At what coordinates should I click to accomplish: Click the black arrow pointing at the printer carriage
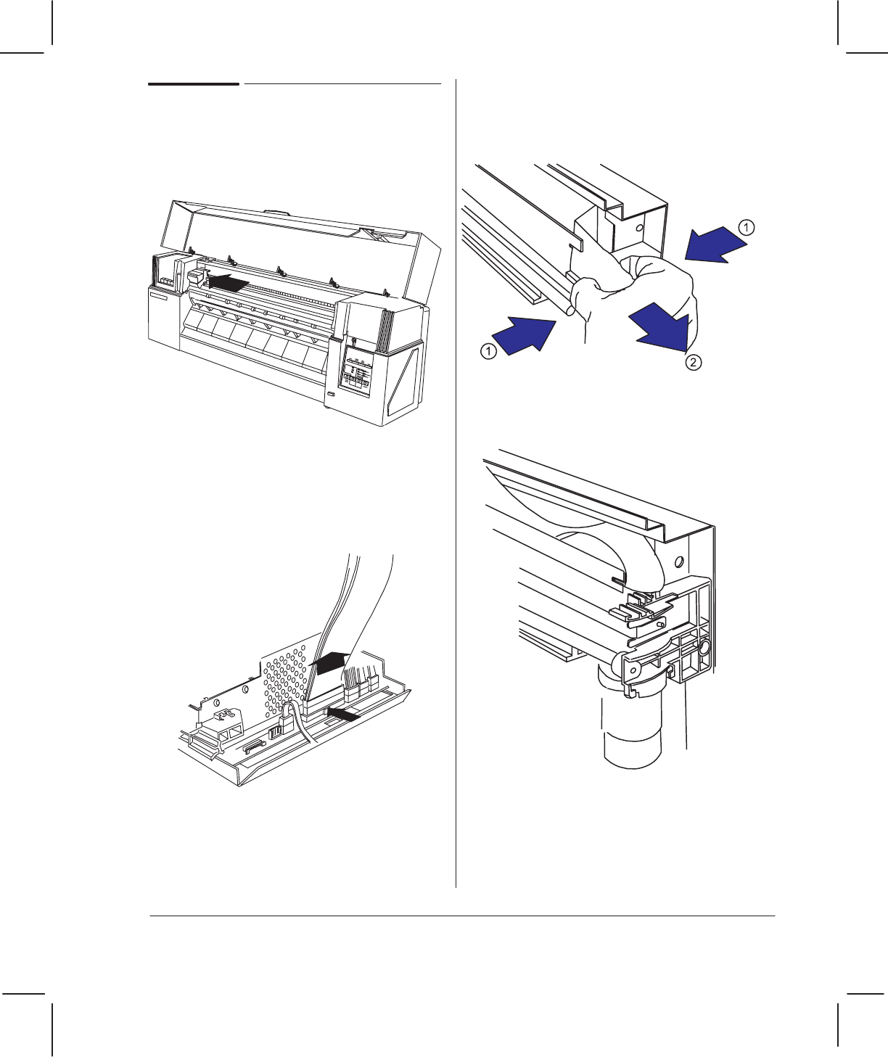tap(229, 282)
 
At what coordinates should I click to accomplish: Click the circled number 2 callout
tap(694, 362)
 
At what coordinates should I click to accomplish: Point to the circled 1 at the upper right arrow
tap(747, 227)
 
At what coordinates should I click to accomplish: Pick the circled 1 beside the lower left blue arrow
tap(488, 351)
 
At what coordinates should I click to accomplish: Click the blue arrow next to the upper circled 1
tap(715, 245)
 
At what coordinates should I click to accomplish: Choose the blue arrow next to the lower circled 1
tap(524, 336)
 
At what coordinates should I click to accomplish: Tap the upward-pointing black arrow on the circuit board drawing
tap(329, 662)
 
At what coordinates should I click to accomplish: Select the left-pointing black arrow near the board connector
tap(344, 714)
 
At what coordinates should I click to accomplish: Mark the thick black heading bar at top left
tap(194, 83)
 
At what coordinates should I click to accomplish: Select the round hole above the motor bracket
tap(679, 562)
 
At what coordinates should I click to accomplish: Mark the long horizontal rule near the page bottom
tap(462, 916)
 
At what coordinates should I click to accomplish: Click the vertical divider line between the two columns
tap(456, 483)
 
